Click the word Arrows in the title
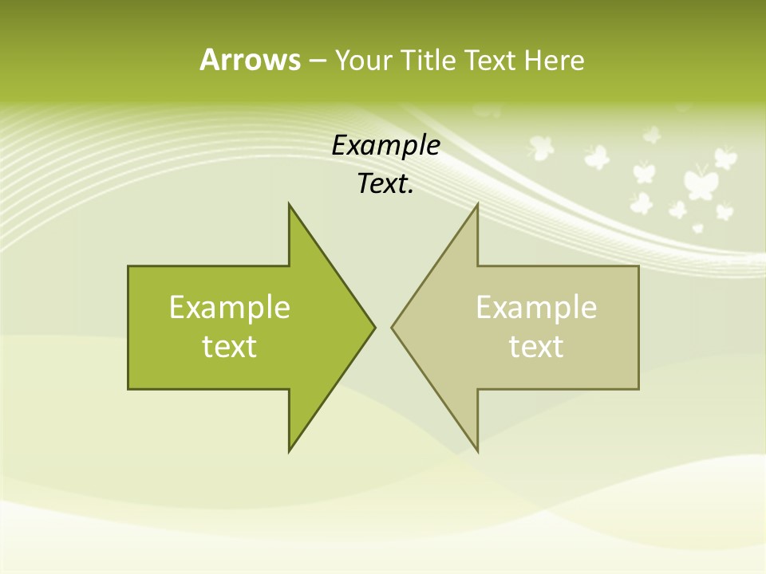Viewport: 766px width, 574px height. (x=249, y=60)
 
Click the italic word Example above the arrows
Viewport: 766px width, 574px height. (x=385, y=146)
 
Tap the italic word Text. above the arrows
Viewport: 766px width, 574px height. (x=385, y=184)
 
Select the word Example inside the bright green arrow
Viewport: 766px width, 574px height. (x=230, y=307)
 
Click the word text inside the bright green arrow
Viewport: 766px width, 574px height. (x=230, y=347)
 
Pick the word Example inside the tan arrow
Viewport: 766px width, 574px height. (x=536, y=307)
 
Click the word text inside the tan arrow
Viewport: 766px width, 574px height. (x=536, y=347)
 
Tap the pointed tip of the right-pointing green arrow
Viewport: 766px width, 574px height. (x=373, y=327)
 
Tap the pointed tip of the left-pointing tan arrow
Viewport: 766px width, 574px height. (x=393, y=327)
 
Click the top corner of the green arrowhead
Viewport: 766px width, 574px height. (x=290, y=206)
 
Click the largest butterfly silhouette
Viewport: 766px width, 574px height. (x=700, y=182)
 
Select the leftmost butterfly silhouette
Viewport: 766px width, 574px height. (x=541, y=147)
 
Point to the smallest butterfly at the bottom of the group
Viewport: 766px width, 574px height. (x=698, y=228)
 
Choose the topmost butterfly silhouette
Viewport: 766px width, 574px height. (x=652, y=134)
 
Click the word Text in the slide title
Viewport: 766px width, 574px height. (x=490, y=60)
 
